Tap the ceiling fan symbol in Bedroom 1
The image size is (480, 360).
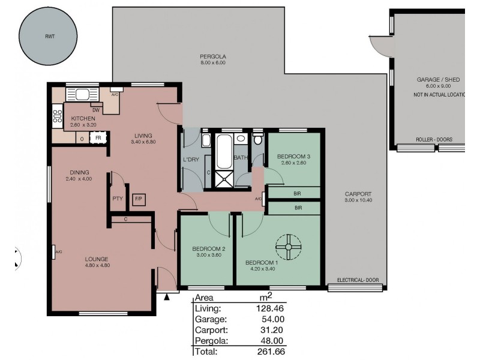[288, 246]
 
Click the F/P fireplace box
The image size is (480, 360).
[138, 199]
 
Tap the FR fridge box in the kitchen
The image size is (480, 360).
[97, 138]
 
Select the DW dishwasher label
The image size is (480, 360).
[95, 110]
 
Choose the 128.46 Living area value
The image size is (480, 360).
[269, 308]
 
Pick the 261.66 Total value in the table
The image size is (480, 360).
[269, 352]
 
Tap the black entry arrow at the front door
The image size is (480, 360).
[167, 295]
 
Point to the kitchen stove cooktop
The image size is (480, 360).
[58, 116]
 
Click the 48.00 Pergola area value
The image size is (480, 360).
[272, 341]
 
